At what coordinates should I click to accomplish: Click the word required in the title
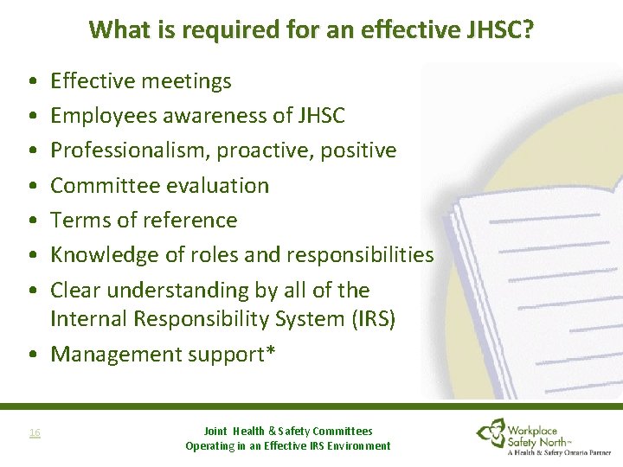(x=191, y=31)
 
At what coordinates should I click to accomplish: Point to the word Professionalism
(x=130, y=150)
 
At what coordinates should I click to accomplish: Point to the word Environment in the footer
(x=356, y=446)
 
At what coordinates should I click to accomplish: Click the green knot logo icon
(x=494, y=432)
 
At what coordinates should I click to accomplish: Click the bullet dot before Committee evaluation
(x=31, y=185)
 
